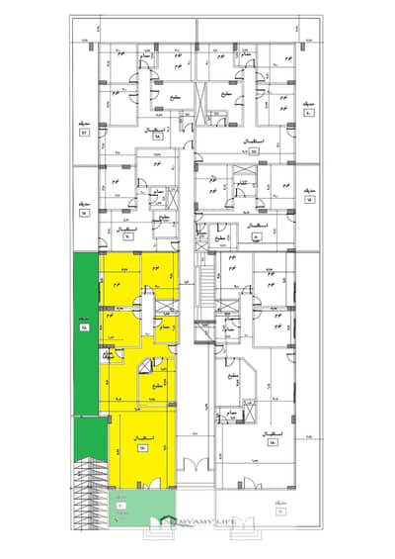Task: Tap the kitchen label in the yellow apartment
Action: coord(159,386)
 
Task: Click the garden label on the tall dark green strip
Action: coord(84,322)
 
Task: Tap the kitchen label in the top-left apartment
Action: coord(173,96)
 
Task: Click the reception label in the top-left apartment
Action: coord(156,132)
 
